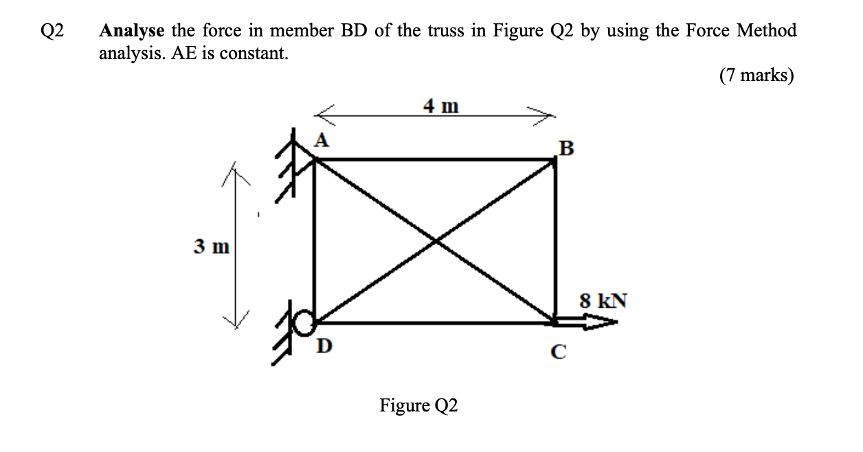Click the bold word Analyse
132,31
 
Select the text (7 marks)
756,75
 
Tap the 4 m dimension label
440,106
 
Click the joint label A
321,140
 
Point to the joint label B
565,148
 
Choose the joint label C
559,352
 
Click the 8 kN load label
603,300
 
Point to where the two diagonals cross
435,240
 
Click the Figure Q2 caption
418,406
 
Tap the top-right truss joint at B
555,160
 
